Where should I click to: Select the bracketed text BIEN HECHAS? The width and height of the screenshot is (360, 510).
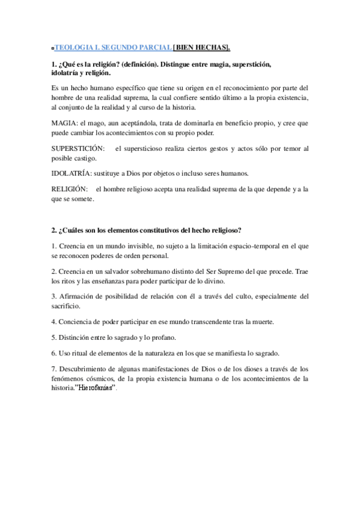click(x=202, y=48)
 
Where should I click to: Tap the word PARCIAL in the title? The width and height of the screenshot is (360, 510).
click(x=156, y=48)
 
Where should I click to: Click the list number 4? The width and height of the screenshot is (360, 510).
click(x=54, y=322)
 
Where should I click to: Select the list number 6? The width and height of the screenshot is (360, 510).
click(x=54, y=353)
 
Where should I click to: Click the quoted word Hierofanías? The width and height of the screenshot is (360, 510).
click(x=94, y=389)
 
